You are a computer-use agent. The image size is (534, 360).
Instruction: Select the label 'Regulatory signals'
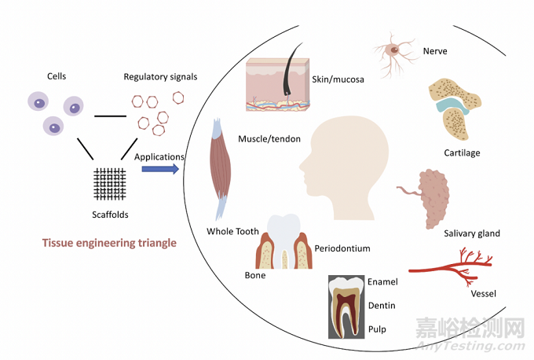(x=160, y=76)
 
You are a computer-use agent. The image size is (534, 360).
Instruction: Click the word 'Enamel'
(x=383, y=281)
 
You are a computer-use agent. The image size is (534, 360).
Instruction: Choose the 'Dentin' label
(x=382, y=305)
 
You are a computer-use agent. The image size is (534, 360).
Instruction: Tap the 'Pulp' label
(x=377, y=328)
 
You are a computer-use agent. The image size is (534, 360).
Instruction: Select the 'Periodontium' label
(x=342, y=248)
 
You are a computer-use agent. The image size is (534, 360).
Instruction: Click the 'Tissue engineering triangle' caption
(x=109, y=243)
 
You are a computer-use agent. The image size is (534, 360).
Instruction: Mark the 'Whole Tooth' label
(x=232, y=231)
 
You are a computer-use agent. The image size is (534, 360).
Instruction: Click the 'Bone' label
(x=255, y=275)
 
